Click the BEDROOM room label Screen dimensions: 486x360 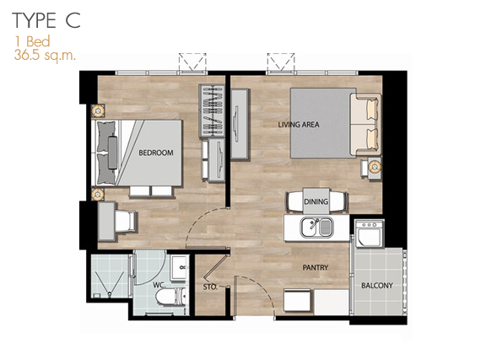point(156,153)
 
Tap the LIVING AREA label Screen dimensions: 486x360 point(299,125)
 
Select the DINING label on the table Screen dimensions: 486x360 point(316,201)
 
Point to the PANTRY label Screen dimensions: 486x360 point(316,267)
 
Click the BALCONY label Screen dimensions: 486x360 point(377,285)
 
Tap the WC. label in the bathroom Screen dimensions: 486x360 point(159,285)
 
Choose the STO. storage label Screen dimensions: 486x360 point(210,287)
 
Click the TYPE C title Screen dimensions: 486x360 point(46,21)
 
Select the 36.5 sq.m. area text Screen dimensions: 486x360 point(45,56)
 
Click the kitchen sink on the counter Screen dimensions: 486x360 point(316,228)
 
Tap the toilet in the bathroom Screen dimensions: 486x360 point(170,297)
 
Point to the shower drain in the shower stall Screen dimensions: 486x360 point(110,293)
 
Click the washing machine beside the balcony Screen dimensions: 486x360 point(370,234)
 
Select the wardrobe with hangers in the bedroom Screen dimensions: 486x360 point(212,110)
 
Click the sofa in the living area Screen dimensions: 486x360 point(365,124)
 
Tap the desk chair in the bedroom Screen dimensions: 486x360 point(126,221)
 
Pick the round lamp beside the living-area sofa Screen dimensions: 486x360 point(375,167)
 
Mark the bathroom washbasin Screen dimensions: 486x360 point(179,267)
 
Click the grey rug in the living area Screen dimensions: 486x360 point(322,123)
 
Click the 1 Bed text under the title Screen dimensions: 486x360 point(33,41)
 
